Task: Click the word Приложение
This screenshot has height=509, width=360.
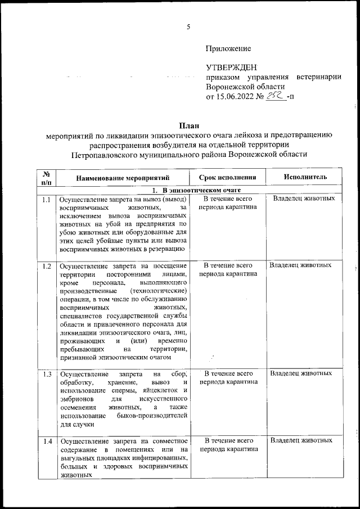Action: [x=228, y=49]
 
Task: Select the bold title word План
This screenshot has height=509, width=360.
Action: [x=188, y=124]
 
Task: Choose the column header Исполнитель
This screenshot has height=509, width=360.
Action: [x=305, y=177]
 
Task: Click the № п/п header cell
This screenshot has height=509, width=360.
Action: [x=46, y=177]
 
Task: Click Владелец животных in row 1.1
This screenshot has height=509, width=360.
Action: [x=304, y=199]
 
